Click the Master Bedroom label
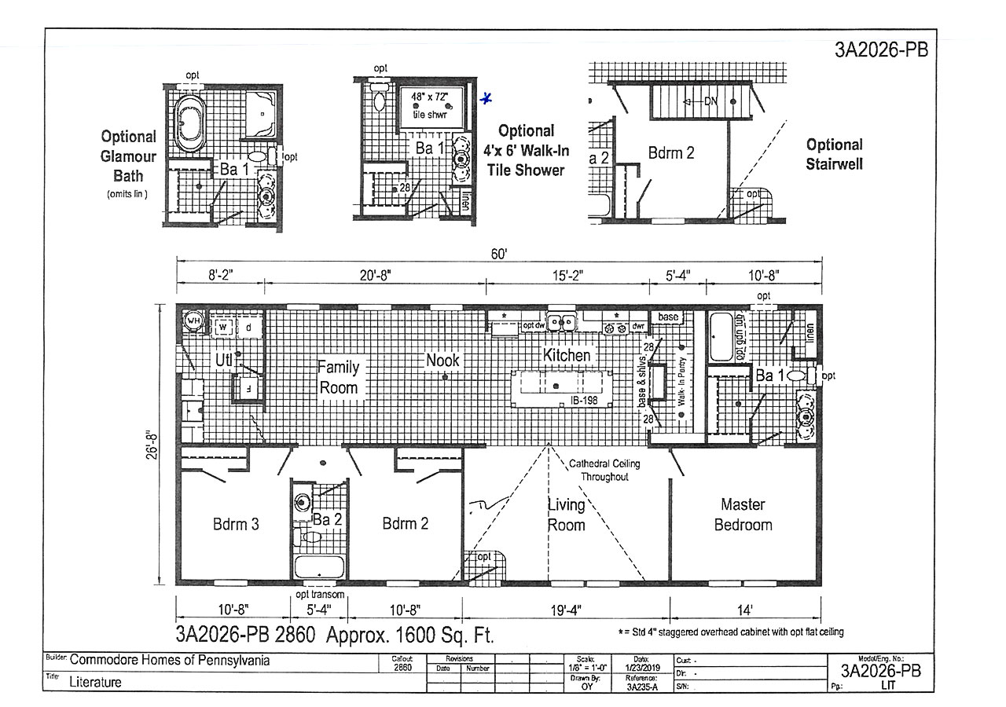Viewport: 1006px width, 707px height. click(x=743, y=515)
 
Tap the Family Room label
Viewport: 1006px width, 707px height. click(x=338, y=377)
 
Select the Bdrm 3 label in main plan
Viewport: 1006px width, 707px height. click(x=236, y=524)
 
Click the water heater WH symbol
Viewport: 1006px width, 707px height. click(x=193, y=321)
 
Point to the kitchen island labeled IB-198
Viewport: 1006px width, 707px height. click(x=555, y=386)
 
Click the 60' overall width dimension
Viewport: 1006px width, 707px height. click(x=499, y=253)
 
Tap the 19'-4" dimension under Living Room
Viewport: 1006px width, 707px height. click(x=566, y=610)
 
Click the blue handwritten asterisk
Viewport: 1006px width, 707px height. click(x=486, y=99)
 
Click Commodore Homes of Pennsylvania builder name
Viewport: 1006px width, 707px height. click(x=170, y=661)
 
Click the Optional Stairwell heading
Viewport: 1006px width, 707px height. click(x=834, y=154)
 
